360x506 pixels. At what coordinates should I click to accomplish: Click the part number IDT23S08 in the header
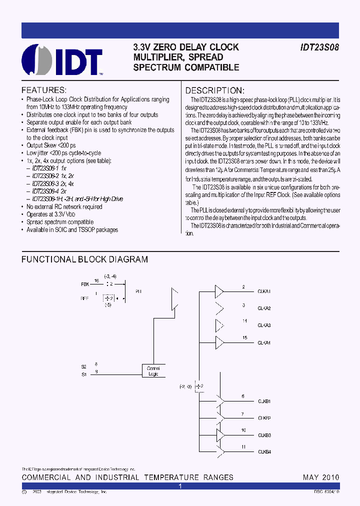(x=319, y=47)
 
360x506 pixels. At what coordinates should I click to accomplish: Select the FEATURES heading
(x=43, y=90)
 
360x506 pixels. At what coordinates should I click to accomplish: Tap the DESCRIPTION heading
(x=215, y=90)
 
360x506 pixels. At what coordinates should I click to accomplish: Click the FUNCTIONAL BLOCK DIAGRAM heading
(x=84, y=259)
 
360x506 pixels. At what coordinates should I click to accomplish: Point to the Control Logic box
(x=153, y=371)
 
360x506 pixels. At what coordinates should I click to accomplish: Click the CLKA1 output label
(x=264, y=291)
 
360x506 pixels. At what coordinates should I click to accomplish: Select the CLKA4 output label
(x=264, y=343)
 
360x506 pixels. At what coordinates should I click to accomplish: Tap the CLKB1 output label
(x=264, y=401)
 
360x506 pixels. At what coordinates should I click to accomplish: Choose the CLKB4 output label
(x=264, y=452)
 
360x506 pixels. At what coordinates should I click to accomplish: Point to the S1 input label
(x=83, y=373)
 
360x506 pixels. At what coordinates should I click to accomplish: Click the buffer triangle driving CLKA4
(x=219, y=342)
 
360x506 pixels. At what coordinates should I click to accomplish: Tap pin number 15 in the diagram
(x=244, y=338)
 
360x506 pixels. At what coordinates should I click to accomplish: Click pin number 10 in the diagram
(x=243, y=429)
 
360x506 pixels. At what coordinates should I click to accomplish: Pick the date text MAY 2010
(x=321, y=477)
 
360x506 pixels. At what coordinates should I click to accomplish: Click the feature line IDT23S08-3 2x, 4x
(x=53, y=183)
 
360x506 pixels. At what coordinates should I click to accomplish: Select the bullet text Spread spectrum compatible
(x=60, y=222)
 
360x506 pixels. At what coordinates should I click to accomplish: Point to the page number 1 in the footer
(x=180, y=486)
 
